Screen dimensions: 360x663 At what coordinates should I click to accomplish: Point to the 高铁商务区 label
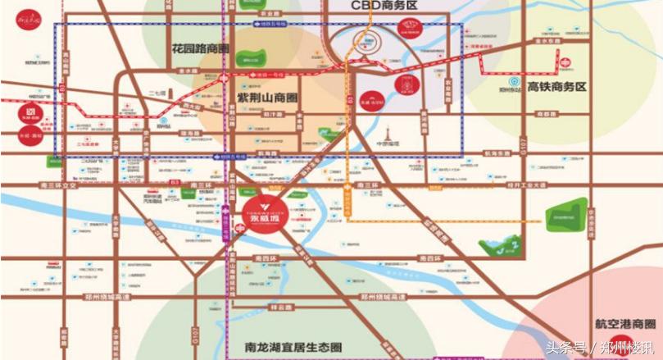pyautogui.click(x=558, y=86)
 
